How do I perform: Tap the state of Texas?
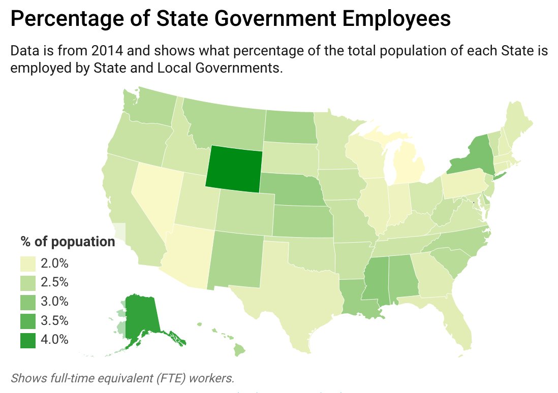[x=285, y=294]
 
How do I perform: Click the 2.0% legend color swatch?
[x=28, y=264]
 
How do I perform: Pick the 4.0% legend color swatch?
[x=28, y=340]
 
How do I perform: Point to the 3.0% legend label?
[x=55, y=302]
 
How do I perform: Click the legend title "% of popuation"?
[x=68, y=242]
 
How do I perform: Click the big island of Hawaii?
[x=240, y=350]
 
